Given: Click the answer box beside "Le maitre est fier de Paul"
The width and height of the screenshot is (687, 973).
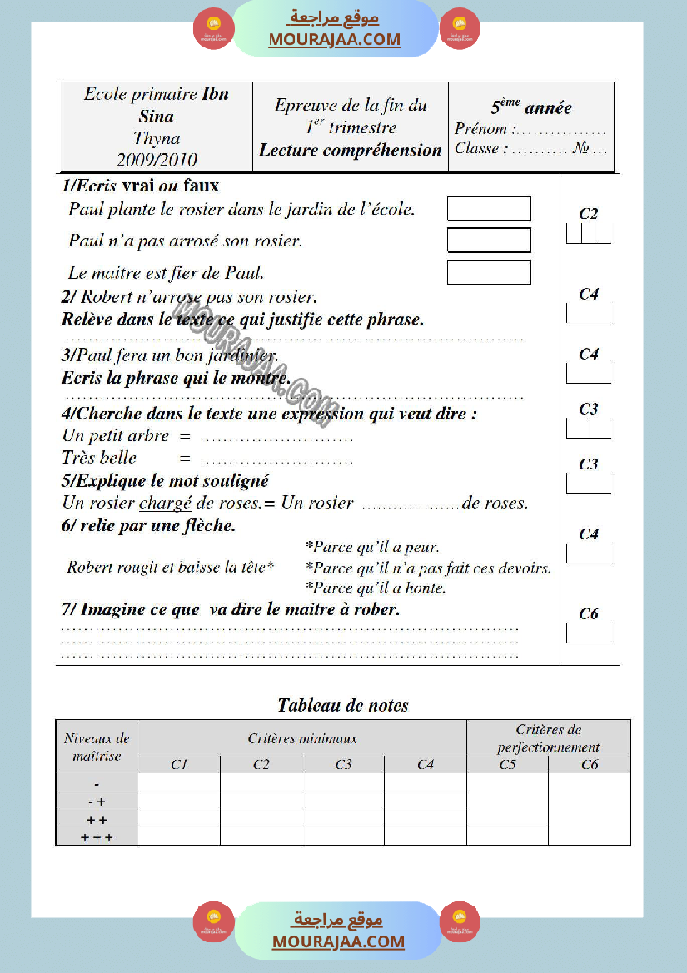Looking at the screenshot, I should click(489, 272).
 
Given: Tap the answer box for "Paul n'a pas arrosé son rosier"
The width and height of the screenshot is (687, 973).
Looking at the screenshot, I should click(489, 241).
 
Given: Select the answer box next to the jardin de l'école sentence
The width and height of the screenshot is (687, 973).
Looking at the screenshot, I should click(489, 208).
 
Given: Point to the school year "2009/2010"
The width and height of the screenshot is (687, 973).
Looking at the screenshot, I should click(157, 160).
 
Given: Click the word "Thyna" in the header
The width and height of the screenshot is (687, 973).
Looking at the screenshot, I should click(157, 138).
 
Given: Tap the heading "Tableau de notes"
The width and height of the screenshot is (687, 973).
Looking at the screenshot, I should click(343, 706).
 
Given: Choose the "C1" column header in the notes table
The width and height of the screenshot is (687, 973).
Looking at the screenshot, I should click(179, 764).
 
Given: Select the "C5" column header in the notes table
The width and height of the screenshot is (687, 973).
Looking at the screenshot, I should click(508, 764).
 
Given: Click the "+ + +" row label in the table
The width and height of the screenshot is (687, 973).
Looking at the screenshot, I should click(97, 837).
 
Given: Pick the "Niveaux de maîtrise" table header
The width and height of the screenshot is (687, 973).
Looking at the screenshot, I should click(97, 747).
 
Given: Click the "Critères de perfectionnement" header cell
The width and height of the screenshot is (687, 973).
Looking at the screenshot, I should click(548, 738).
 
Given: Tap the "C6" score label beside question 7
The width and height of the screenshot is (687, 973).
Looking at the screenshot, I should click(589, 613).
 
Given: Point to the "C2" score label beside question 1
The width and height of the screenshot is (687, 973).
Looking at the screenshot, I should click(589, 214).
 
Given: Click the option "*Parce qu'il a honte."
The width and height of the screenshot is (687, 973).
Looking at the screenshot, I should click(376, 588).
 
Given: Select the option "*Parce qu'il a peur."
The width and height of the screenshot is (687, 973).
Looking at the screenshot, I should click(372, 547).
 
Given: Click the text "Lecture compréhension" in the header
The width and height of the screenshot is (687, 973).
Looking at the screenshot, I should click(350, 151).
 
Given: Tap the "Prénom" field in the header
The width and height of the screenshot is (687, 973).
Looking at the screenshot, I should click(530, 129).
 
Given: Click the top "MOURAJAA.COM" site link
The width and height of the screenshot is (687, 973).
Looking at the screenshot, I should click(335, 39).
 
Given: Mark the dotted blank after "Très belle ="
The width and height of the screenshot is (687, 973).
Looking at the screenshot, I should click(276, 459).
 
